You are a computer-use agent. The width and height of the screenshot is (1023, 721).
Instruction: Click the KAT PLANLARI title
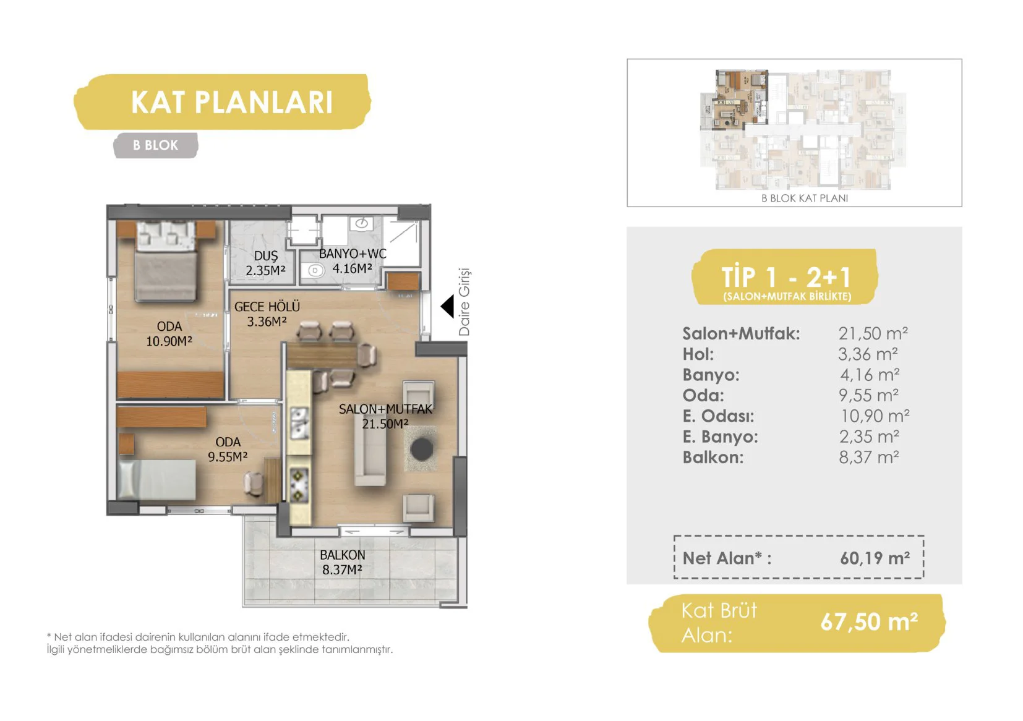click(x=232, y=102)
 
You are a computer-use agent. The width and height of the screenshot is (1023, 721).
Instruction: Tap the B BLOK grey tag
click(x=156, y=145)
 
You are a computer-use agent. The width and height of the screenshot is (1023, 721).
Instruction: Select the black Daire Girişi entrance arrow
click(x=448, y=306)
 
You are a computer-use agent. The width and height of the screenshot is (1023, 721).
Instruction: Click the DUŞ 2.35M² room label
click(x=265, y=263)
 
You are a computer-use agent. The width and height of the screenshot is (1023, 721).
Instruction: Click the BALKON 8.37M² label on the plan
click(x=343, y=562)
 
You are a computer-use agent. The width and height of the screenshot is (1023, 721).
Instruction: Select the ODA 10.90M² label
click(x=169, y=333)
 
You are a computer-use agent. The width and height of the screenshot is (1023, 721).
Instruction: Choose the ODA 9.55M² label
click(x=228, y=450)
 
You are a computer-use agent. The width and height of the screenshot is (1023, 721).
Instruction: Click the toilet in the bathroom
click(x=314, y=270)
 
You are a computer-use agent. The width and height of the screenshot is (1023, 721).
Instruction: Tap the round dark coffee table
click(x=422, y=449)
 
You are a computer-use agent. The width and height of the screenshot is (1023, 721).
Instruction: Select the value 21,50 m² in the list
click(x=873, y=333)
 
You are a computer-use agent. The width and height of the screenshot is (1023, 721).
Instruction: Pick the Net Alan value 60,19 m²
click(x=875, y=558)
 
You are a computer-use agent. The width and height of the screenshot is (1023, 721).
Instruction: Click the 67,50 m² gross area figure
click(x=868, y=621)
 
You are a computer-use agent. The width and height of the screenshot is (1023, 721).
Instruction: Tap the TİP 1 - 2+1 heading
click(x=785, y=276)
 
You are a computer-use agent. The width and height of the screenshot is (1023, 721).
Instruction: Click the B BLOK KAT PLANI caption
click(x=805, y=198)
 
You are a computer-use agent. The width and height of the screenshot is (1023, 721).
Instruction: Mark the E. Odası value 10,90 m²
click(x=875, y=416)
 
